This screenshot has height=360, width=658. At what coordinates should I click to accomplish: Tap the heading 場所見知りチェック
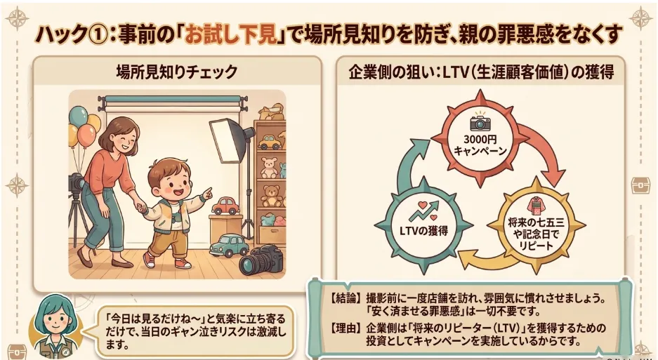(x=177, y=72)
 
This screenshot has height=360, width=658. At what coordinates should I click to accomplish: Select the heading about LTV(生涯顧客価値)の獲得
(x=481, y=72)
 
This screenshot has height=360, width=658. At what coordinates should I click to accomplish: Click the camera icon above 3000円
(x=480, y=121)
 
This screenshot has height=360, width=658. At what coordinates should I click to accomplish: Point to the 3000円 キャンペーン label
(x=480, y=145)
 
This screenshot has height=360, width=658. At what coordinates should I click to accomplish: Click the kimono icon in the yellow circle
(x=535, y=206)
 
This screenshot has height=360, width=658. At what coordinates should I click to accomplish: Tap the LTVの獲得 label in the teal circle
(x=423, y=230)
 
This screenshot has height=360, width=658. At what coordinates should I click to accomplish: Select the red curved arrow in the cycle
(x=546, y=147)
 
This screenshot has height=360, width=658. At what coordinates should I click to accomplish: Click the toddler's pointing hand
(x=206, y=194)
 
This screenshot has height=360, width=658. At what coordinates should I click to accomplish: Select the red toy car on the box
(x=225, y=206)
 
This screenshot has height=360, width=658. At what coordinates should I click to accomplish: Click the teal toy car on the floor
(x=229, y=246)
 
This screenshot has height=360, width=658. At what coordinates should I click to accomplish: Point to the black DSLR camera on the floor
(x=261, y=260)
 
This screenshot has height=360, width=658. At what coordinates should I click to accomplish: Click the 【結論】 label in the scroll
(x=345, y=298)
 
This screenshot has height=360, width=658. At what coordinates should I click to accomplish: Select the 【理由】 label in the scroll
(x=345, y=328)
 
